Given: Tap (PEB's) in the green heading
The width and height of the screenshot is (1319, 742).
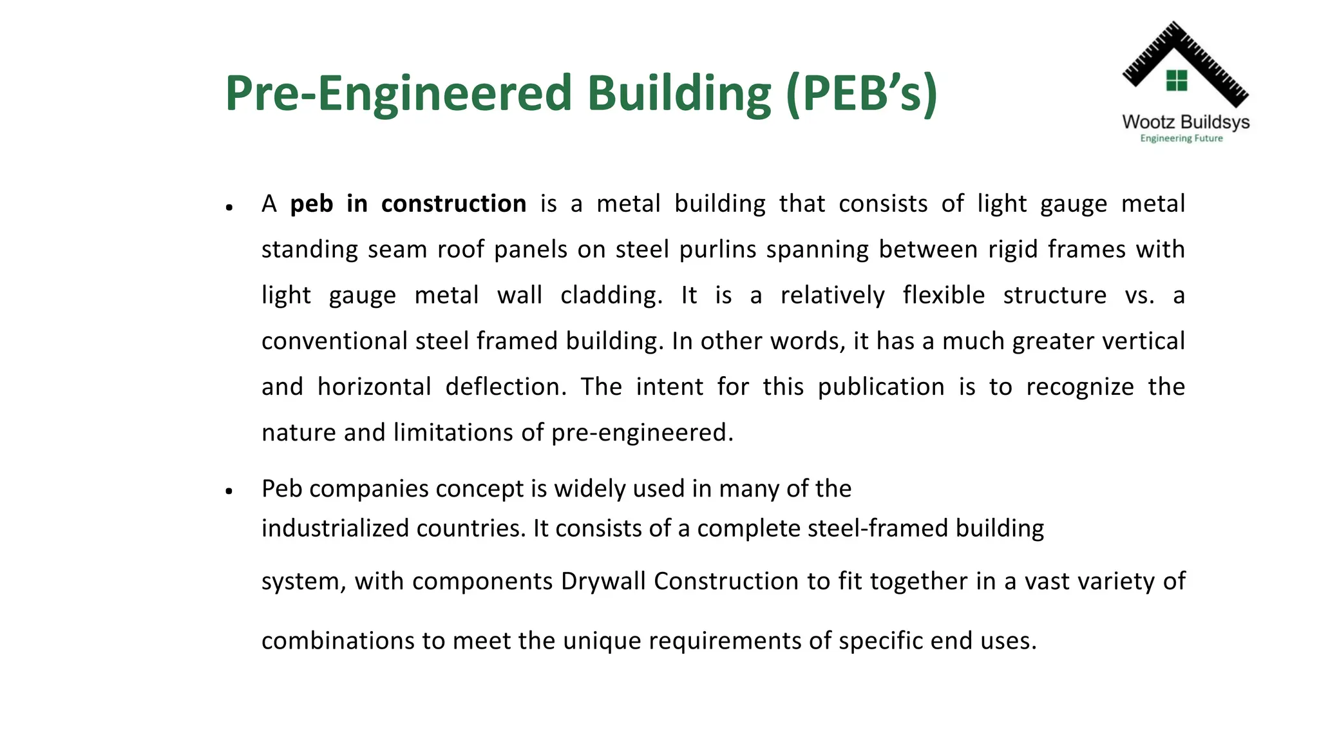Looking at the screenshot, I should [x=861, y=95].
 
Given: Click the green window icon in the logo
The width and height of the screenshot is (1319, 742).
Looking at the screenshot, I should [x=1177, y=81].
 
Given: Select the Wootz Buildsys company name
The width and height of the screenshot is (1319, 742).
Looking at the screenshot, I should [x=1185, y=122].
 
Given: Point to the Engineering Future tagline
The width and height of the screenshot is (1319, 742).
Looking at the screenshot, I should [x=1181, y=138].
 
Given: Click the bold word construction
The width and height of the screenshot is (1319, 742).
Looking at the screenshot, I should [x=453, y=204].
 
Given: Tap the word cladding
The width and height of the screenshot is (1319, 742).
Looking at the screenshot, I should [x=611, y=296].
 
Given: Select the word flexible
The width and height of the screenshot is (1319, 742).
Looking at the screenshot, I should [x=944, y=296].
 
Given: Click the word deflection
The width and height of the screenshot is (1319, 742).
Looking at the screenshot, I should [x=506, y=387].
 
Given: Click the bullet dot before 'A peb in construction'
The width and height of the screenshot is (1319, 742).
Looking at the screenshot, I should [x=229, y=207].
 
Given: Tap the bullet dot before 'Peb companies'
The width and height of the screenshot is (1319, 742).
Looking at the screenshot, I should [x=229, y=492].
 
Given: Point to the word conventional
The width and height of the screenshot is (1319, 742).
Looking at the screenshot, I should [x=334, y=341].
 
